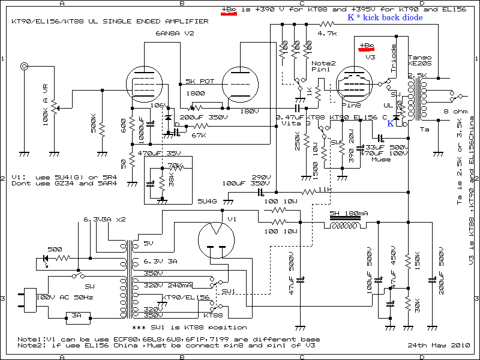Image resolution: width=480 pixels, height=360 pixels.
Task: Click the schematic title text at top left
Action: pyautogui.click(x=110, y=21)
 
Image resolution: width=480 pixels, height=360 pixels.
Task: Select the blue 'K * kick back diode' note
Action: pyautogui.click(x=385, y=18)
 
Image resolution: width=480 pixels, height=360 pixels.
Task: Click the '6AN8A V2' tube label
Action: pyautogui.click(x=175, y=33)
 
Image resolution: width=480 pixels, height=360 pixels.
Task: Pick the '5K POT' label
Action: pyautogui.click(x=199, y=81)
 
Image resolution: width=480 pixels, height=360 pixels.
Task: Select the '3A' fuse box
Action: pyautogui.click(x=77, y=315)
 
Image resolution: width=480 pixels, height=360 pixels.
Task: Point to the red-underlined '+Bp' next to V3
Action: pyautogui.click(x=366, y=46)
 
